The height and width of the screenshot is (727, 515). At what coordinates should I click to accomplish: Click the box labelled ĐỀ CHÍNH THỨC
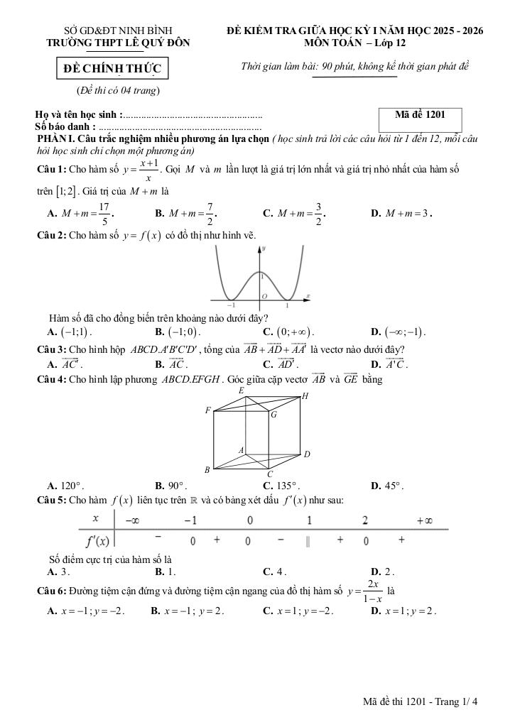113,68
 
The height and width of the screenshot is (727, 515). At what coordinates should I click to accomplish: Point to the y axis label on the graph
264,249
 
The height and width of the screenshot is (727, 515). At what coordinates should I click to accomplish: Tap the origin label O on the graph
264,295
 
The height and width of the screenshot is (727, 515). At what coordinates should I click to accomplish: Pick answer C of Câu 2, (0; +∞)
288,332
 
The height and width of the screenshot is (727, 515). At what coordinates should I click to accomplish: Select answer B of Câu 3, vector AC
170,364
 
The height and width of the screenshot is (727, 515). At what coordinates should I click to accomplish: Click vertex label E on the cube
242,390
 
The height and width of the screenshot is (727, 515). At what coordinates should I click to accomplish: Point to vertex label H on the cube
305,397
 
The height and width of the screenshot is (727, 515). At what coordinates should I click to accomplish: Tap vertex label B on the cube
207,469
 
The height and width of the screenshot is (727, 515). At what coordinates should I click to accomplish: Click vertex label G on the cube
273,415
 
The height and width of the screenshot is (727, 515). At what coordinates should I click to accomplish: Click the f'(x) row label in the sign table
98,542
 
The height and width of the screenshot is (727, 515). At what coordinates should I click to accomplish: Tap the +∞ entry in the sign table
424,520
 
